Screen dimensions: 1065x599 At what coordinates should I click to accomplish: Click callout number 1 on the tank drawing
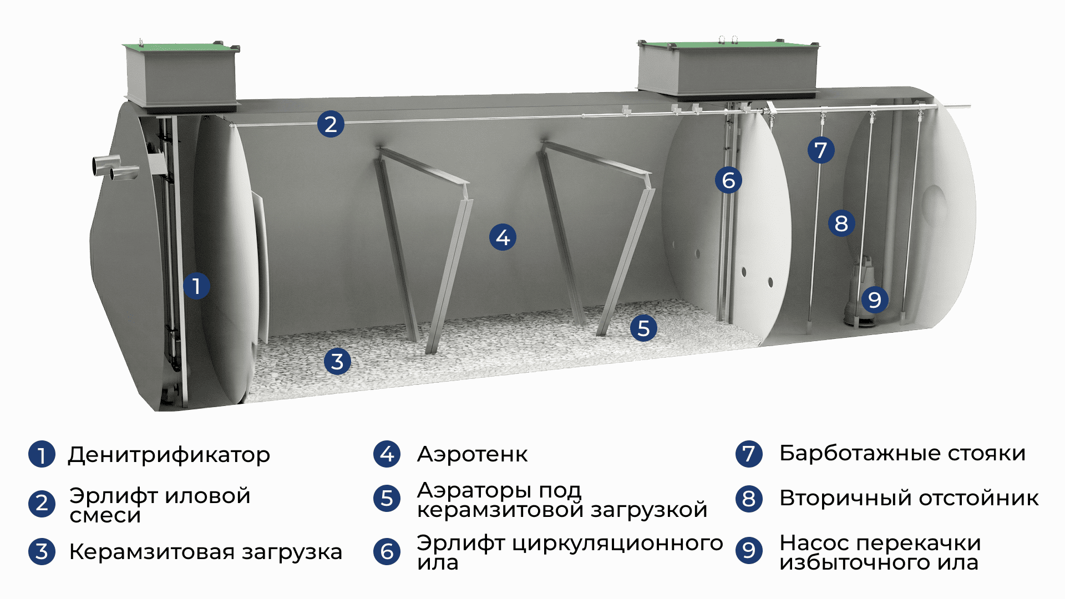[196, 286]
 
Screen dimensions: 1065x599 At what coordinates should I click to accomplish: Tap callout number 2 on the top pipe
[331, 124]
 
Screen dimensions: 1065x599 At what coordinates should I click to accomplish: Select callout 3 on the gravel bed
[337, 362]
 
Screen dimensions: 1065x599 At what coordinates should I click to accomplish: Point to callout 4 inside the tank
[503, 237]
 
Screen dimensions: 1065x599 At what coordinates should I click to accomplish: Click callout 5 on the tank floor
[643, 328]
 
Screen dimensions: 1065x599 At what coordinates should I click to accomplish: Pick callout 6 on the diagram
[728, 180]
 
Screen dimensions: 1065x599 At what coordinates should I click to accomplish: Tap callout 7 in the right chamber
[821, 150]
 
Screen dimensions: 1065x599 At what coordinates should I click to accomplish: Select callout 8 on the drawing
[841, 224]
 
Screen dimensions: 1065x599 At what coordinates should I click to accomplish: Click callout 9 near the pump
[875, 300]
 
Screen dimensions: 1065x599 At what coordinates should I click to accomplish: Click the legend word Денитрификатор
[169, 455]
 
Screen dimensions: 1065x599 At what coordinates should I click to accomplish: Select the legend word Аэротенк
[473, 454]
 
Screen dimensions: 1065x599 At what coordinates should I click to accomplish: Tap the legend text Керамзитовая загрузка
[206, 552]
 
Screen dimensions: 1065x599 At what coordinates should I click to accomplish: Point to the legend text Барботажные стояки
[902, 453]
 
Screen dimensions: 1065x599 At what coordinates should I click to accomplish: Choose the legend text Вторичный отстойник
[909, 498]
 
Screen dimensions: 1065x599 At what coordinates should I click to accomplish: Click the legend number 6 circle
[387, 552]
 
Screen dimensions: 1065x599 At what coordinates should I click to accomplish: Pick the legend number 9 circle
[749, 551]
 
